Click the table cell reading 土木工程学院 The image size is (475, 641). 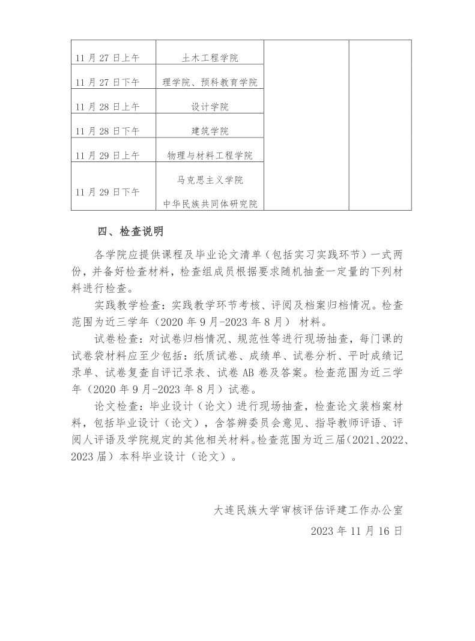[x=210, y=58]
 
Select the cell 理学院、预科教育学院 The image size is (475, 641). [x=210, y=83]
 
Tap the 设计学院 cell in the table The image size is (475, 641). [x=210, y=107]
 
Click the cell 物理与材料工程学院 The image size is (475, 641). [x=210, y=155]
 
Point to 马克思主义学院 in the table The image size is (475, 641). [x=210, y=180]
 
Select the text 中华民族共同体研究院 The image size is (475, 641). [x=210, y=204]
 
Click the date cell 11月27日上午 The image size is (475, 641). [x=107, y=58]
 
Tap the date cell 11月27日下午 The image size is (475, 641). [x=107, y=83]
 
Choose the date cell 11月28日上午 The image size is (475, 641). [x=107, y=107]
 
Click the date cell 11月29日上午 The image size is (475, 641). [x=107, y=155]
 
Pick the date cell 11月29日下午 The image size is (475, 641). [x=107, y=192]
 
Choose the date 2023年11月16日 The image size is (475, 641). [x=357, y=531]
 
